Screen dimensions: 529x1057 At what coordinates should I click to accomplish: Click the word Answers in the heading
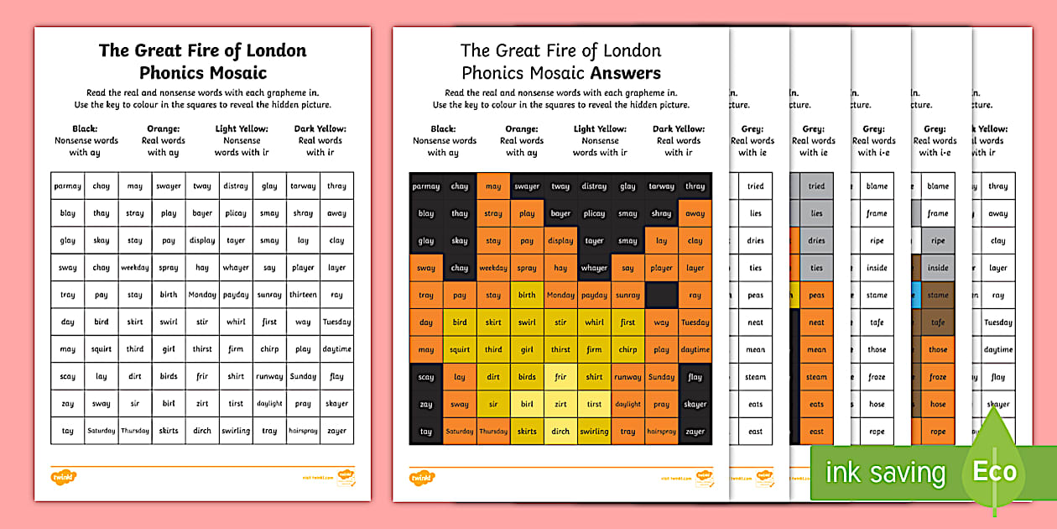click(625, 73)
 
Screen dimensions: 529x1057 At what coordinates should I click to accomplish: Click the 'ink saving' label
click(885, 472)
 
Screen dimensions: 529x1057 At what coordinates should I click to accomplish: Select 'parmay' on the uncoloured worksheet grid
click(68, 186)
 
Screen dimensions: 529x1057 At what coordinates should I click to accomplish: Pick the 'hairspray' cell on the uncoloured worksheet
click(303, 431)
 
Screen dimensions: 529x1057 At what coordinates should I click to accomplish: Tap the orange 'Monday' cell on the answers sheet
click(560, 296)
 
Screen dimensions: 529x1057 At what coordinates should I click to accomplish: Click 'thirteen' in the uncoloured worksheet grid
click(303, 295)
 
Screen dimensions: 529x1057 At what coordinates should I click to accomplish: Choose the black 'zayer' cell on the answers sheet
click(695, 432)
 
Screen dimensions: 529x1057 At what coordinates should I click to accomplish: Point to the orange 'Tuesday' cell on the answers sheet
click(695, 322)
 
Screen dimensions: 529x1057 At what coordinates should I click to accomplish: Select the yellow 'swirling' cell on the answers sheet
click(594, 432)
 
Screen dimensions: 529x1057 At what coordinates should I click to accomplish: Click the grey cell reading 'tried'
click(816, 186)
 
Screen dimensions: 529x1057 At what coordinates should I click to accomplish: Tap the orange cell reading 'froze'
click(938, 377)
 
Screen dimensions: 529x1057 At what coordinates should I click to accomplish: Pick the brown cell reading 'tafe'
click(938, 322)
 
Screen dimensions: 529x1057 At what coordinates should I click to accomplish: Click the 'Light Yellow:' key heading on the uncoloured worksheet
click(242, 128)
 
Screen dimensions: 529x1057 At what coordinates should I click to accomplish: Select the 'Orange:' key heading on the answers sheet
click(521, 128)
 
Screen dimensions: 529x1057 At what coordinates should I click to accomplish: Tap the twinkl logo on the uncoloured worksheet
click(63, 477)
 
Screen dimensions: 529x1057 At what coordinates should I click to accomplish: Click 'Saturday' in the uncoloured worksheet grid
click(102, 431)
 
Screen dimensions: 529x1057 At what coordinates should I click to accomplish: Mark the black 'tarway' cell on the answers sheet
click(661, 186)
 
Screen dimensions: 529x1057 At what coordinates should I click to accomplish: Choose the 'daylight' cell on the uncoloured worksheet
click(269, 404)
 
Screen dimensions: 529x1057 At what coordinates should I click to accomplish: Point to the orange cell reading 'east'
click(816, 432)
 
